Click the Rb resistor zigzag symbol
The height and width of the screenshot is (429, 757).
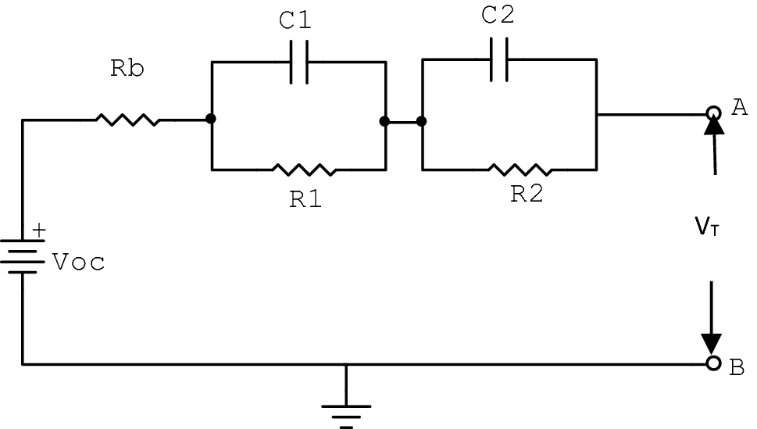[127, 120]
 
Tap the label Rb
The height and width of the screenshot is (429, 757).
[127, 69]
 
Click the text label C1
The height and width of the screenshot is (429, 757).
[295, 21]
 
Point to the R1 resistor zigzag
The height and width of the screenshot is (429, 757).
[305, 169]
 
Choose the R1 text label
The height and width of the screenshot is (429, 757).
[305, 199]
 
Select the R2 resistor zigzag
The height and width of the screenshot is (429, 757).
[520, 169]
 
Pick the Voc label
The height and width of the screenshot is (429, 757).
[79, 263]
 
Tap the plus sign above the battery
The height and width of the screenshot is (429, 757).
[38, 231]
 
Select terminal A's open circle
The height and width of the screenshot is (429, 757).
[712, 113]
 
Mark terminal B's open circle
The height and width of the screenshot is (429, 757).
[712, 364]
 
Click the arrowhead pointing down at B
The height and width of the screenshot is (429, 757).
[711, 344]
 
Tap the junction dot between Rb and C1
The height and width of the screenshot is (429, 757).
[211, 119]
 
